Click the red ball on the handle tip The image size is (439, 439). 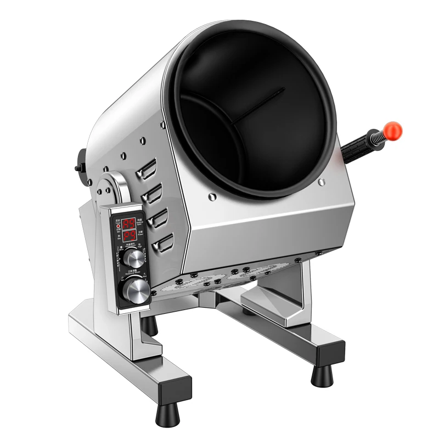[393, 130]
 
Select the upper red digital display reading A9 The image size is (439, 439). [129, 223]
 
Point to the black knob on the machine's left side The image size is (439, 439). [81, 160]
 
